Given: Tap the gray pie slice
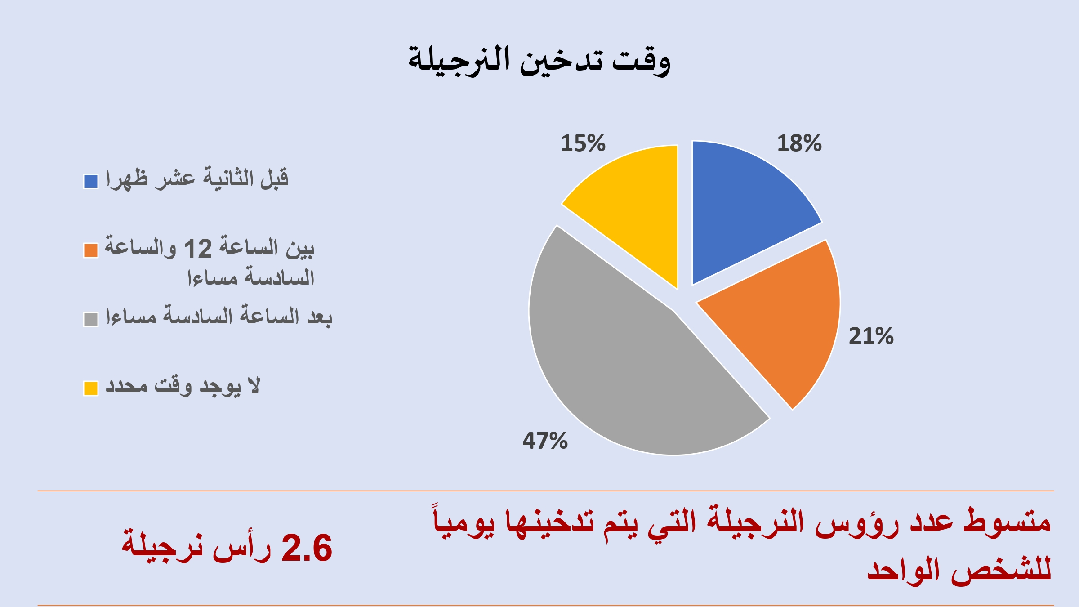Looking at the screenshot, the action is (629, 355).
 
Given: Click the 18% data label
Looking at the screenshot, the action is (799, 143).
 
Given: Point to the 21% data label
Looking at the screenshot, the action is (871, 336).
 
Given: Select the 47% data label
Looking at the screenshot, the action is (545, 441).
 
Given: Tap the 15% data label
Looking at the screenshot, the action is (583, 143).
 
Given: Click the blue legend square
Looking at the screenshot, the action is (91, 182).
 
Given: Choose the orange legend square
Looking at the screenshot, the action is (91, 250).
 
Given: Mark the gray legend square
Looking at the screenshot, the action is (91, 319).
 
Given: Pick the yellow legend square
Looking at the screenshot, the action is (91, 388).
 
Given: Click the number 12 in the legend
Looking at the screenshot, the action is (198, 249).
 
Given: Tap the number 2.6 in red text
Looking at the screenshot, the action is (307, 548).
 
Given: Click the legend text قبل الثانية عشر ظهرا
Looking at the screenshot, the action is (197, 179).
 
